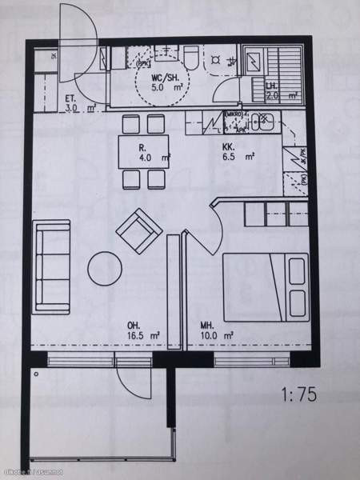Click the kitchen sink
point(261,122)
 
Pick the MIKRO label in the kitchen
point(234,115)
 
